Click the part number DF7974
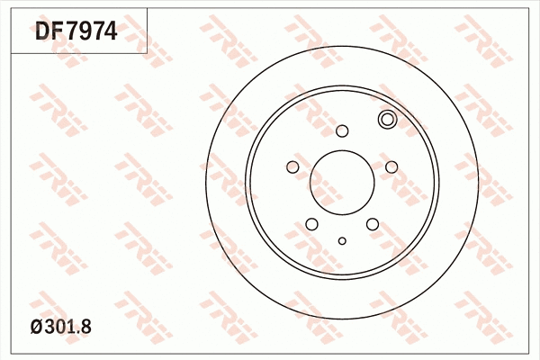pos(76,33)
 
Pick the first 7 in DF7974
pos(71,33)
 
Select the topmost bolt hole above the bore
pos(342,131)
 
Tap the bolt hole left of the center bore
pos(292,166)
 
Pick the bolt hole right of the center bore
pos(391,166)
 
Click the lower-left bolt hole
pos(311,224)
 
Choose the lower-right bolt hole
pos(373,224)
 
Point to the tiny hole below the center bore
pos(342,240)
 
